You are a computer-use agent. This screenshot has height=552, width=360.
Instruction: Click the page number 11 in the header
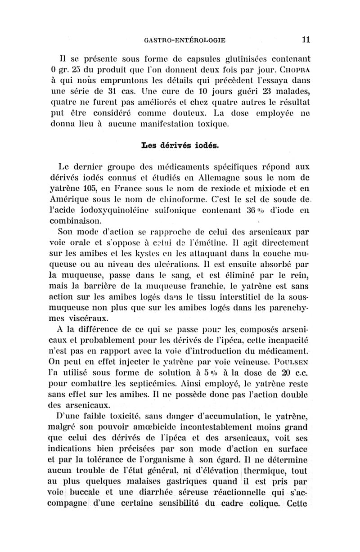(306, 39)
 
